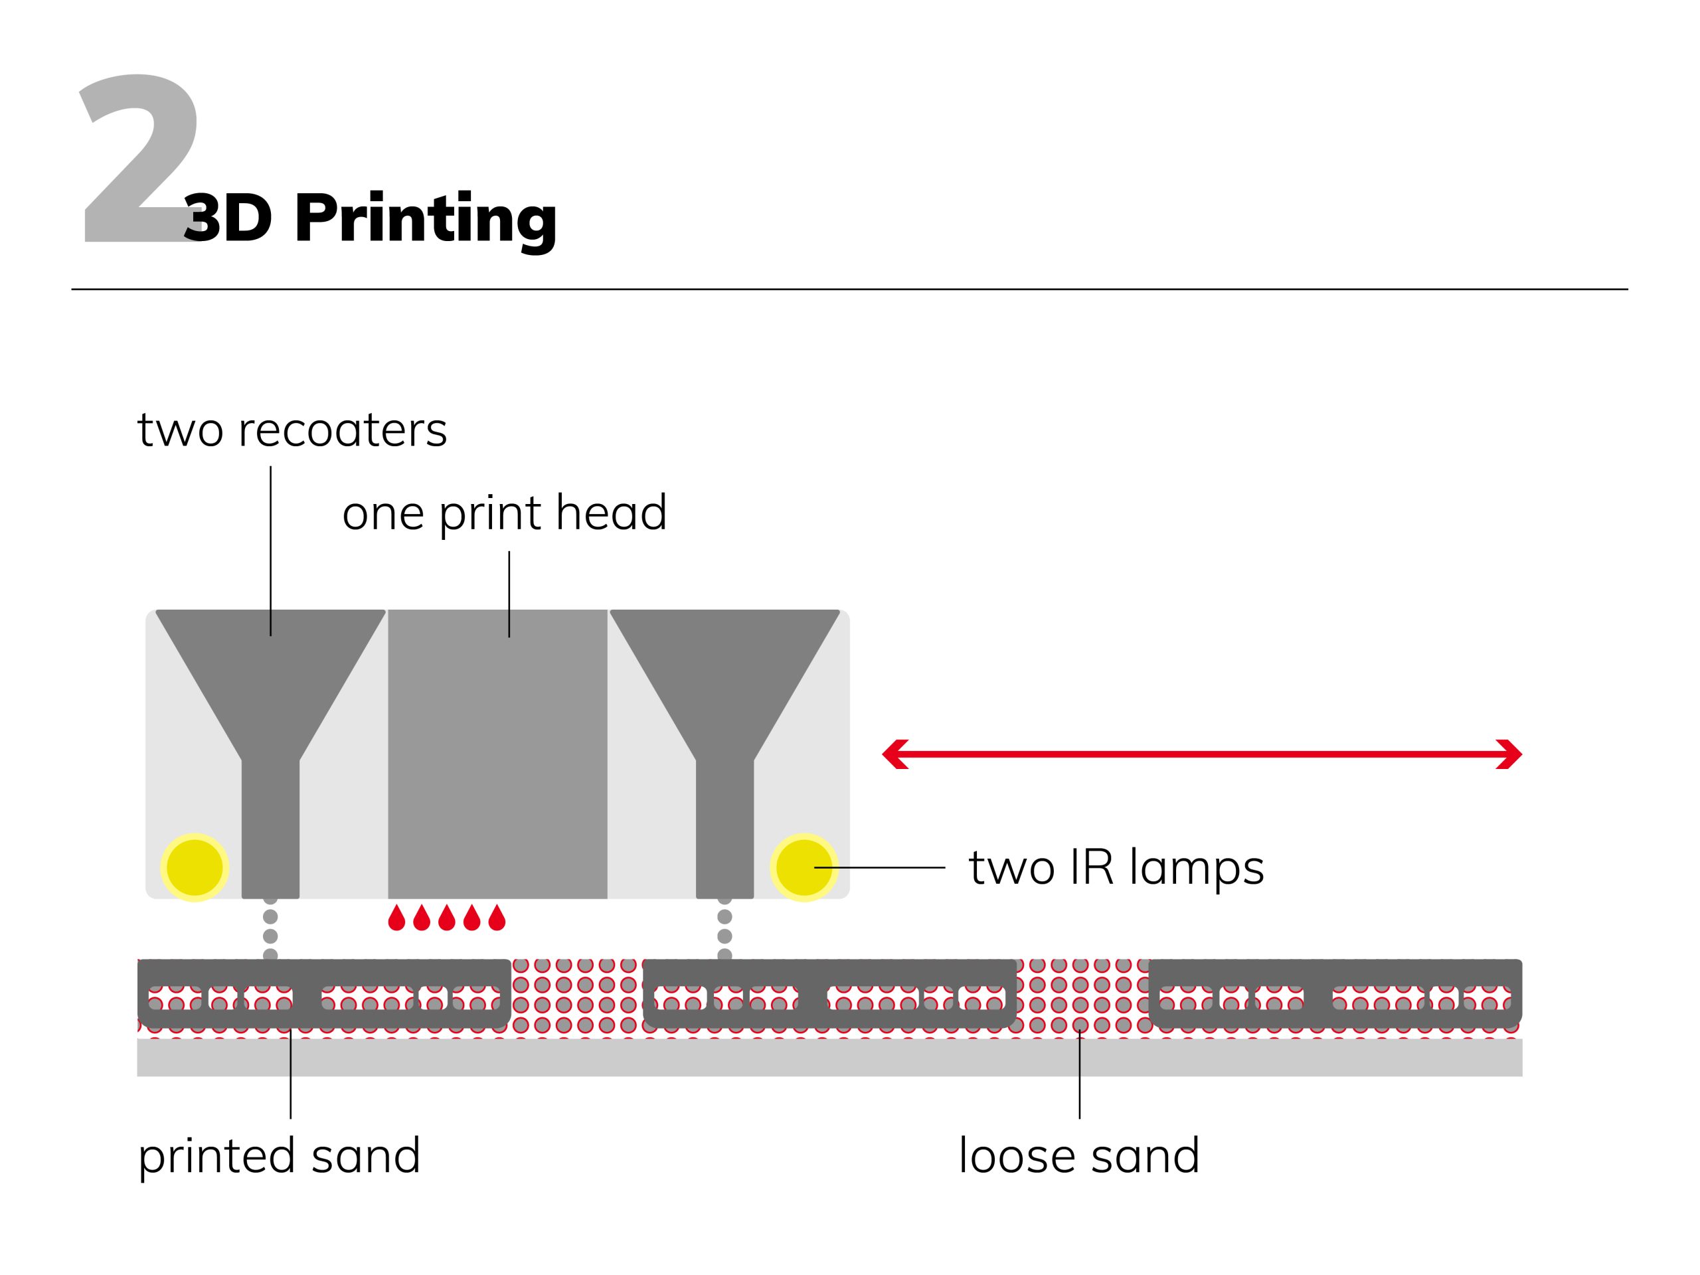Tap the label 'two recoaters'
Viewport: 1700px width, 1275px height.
(x=292, y=430)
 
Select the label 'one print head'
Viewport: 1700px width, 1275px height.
(x=504, y=513)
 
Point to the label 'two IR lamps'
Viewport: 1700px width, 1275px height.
(x=1116, y=868)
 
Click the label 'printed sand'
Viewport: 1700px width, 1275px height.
(x=279, y=1155)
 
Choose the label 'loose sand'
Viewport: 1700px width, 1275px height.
(x=1079, y=1155)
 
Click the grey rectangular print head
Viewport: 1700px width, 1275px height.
(x=497, y=753)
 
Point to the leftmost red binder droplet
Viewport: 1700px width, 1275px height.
(x=396, y=918)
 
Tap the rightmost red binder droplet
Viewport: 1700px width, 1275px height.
(x=497, y=918)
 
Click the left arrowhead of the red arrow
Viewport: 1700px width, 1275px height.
(x=894, y=754)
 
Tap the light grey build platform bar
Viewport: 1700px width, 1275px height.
(x=829, y=1057)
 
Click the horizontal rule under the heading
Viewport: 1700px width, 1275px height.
(x=849, y=290)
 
